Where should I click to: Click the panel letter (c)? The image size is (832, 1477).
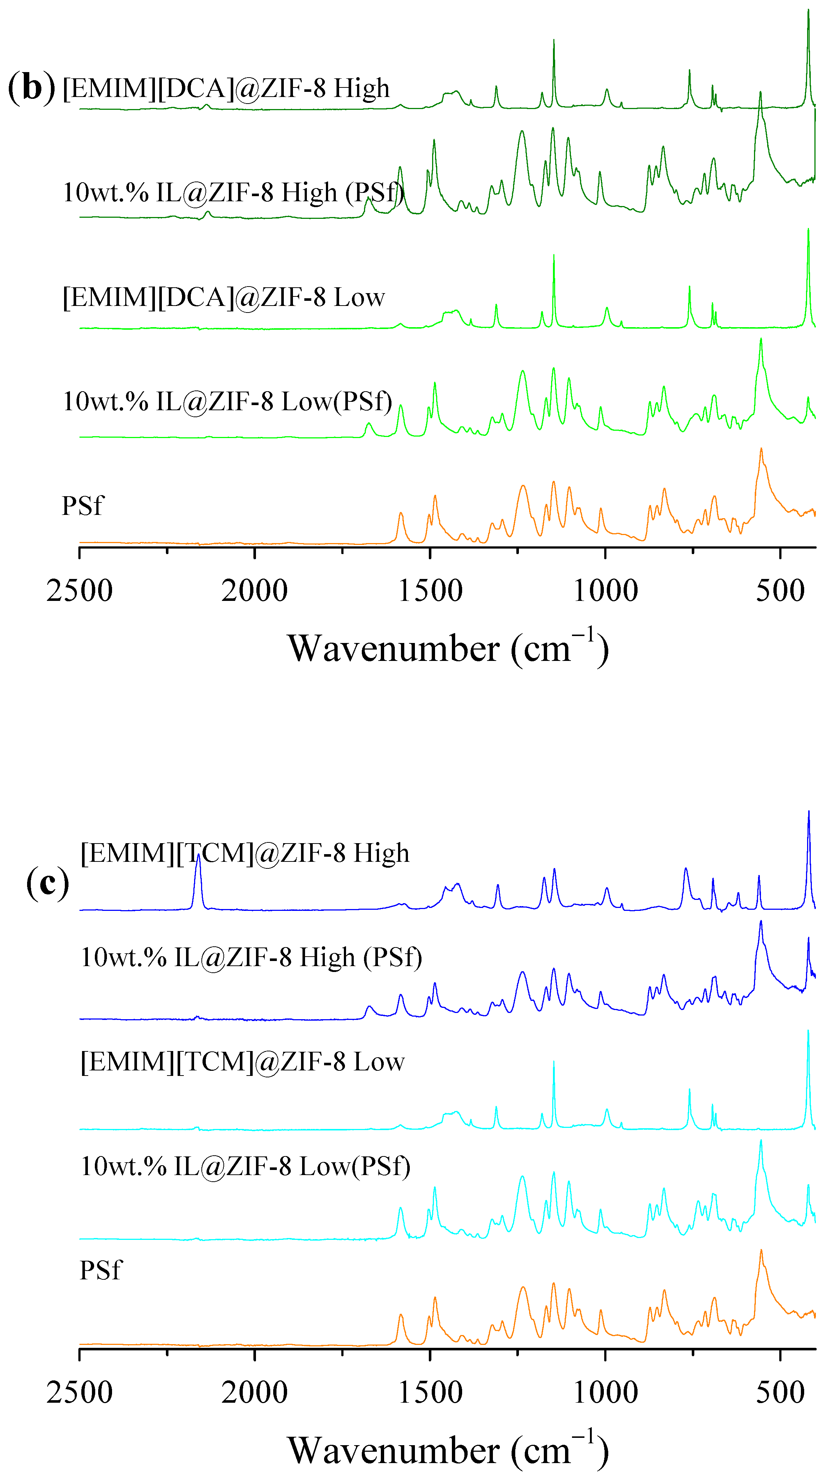click(48, 883)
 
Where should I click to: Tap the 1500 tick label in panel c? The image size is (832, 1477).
click(430, 1393)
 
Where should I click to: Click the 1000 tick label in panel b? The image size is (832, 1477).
click(605, 591)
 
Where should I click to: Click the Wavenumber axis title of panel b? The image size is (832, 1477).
click(447, 649)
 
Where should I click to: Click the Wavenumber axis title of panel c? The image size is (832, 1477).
click(447, 1451)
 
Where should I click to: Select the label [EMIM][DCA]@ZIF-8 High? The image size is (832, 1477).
click(226, 88)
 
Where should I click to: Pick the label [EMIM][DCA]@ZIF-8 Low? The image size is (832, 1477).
click(224, 298)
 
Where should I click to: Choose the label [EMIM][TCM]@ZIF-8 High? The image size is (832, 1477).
click(244, 853)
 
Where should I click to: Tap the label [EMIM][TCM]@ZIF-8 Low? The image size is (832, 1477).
click(242, 1062)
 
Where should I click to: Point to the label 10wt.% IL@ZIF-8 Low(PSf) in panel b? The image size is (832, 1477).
click(227, 401)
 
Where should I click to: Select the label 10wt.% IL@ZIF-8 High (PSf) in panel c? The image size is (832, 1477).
click(251, 958)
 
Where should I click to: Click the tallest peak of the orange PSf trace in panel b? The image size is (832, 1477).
click(761, 450)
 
